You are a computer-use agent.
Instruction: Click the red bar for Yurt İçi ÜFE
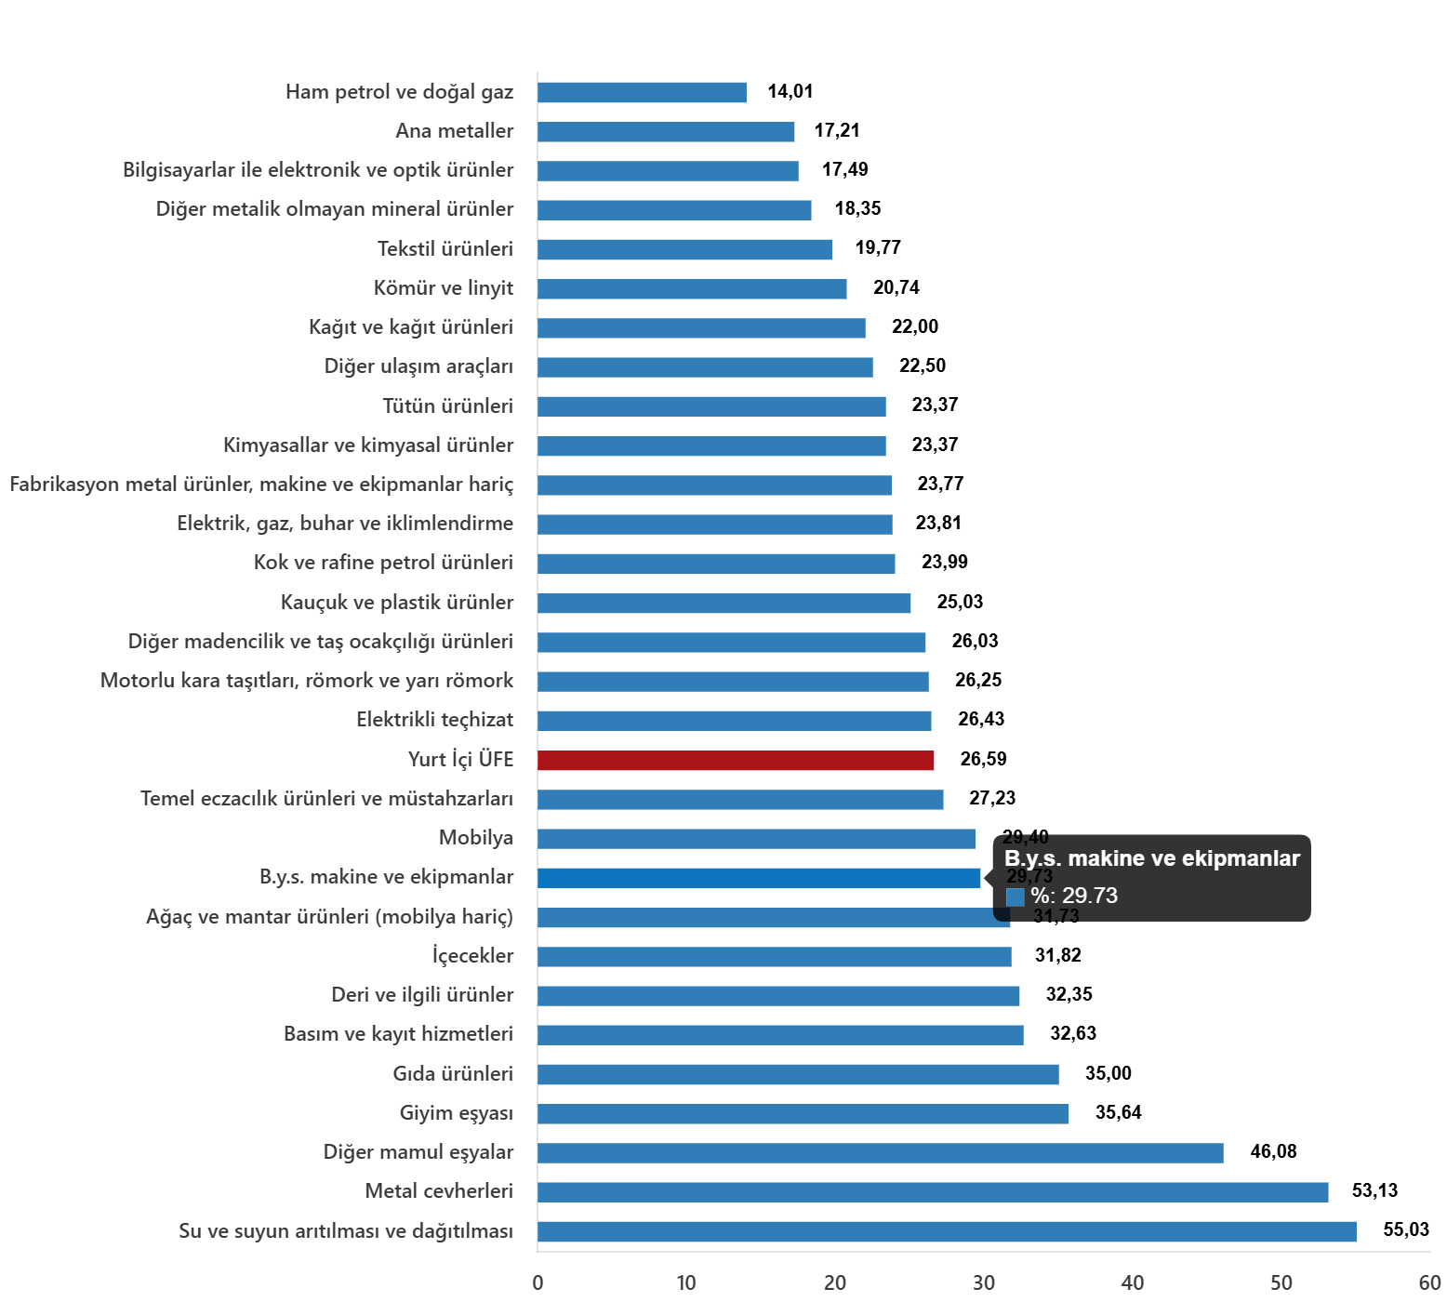(736, 760)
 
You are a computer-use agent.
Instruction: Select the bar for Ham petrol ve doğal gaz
(642, 92)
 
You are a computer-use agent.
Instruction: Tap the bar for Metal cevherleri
(933, 1192)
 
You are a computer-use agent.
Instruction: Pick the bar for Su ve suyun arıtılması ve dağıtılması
(947, 1232)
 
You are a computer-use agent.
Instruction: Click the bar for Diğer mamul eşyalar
(880, 1153)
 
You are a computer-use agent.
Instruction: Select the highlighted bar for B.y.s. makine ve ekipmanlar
(759, 878)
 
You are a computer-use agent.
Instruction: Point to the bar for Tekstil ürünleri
(684, 249)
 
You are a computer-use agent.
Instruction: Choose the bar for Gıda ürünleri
(798, 1075)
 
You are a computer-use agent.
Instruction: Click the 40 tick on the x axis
(1132, 1283)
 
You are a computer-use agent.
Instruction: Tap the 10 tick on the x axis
(685, 1283)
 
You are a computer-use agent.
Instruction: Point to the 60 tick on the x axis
(1429, 1283)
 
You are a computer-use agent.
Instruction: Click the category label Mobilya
(476, 838)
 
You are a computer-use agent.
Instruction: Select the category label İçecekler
(472, 956)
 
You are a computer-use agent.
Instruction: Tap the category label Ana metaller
(454, 131)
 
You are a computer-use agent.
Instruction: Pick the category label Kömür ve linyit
(444, 288)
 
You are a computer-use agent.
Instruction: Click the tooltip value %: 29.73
(1074, 896)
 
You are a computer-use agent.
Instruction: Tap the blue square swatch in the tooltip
(1015, 897)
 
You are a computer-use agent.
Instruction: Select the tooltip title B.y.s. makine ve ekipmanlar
(1151, 858)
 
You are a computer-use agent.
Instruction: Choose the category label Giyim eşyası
(456, 1113)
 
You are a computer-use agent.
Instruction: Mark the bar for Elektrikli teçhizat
(735, 721)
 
